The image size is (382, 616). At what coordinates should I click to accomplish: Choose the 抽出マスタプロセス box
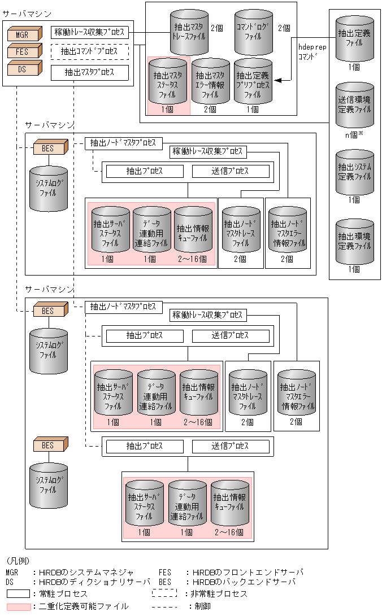90,72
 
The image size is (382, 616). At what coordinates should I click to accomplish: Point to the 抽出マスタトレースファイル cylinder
189,32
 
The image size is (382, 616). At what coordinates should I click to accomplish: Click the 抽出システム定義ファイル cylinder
354,172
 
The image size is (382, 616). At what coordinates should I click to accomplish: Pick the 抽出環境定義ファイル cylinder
354,241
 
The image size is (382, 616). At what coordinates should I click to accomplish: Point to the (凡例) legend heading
17,562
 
